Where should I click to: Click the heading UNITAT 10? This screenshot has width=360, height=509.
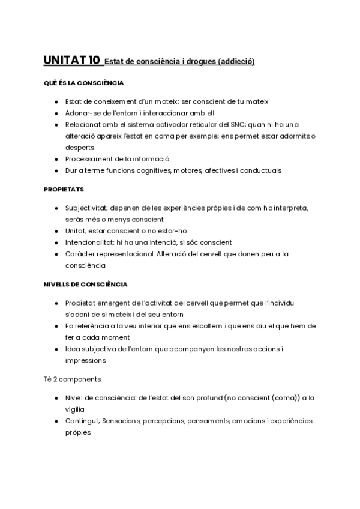pyautogui.click(x=71, y=60)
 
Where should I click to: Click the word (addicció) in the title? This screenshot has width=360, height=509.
pyautogui.click(x=236, y=61)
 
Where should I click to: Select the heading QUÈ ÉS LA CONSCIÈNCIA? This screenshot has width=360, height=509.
pyautogui.click(x=83, y=83)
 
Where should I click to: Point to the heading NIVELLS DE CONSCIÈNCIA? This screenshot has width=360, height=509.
pyautogui.click(x=85, y=283)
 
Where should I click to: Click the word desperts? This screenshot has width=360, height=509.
pyautogui.click(x=80, y=147)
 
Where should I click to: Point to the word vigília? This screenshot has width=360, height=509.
pyautogui.click(x=75, y=409)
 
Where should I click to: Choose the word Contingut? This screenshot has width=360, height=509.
pyautogui.click(x=83, y=421)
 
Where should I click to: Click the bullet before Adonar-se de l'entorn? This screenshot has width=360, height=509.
pyautogui.click(x=56, y=113)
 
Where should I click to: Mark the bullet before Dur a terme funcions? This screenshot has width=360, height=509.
pyautogui.click(x=56, y=170)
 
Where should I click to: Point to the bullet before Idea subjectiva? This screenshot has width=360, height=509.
pyautogui.click(x=56, y=349)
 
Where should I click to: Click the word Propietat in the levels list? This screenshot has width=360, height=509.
pyautogui.click(x=83, y=303)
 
